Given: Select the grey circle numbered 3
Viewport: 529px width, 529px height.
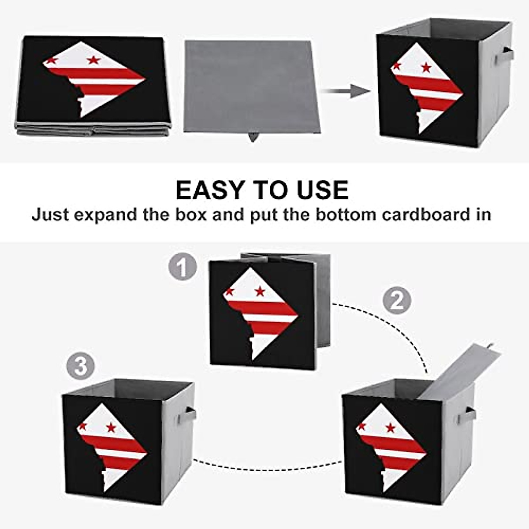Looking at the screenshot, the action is click(81, 366).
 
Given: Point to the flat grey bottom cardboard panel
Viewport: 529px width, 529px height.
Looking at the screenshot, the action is click(249, 86).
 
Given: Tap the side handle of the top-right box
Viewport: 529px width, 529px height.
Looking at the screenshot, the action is click(504, 56).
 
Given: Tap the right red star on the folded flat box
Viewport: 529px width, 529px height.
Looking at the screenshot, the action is click(93, 60).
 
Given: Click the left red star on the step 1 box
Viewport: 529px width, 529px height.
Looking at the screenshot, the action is click(229, 291).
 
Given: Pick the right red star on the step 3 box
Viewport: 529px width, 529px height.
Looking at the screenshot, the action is click(111, 427).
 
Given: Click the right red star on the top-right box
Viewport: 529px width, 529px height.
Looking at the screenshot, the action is click(426, 67).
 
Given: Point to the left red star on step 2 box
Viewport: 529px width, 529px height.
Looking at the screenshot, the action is click(362, 426).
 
